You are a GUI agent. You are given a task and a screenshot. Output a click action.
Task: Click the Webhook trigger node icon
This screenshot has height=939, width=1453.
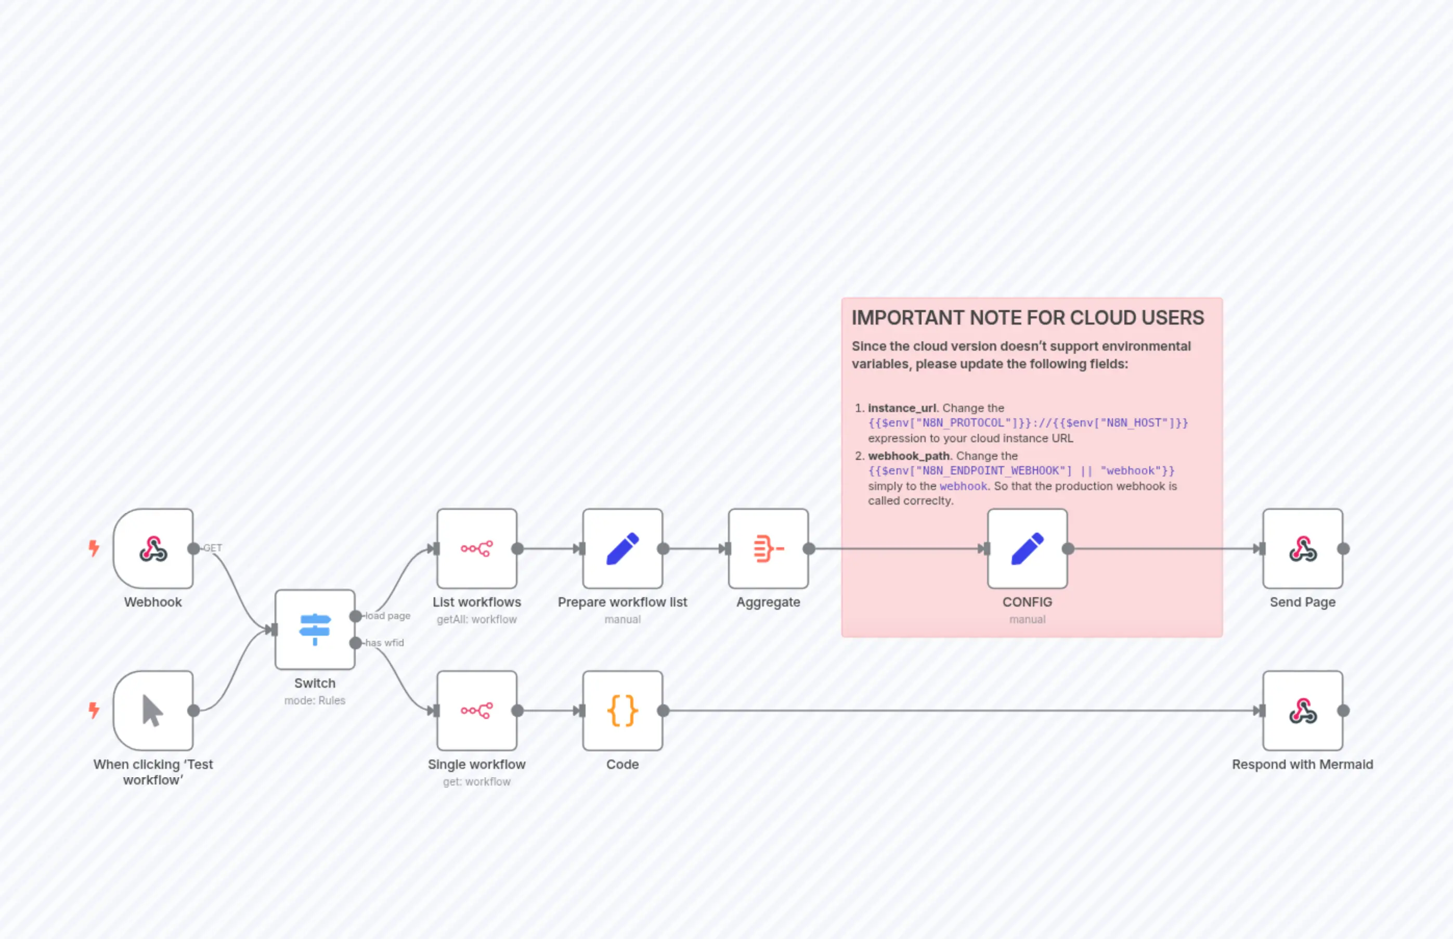pos(153,548)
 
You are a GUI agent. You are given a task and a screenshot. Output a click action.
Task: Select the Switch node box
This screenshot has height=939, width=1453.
pos(315,629)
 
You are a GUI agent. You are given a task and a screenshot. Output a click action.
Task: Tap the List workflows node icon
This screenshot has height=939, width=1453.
pos(476,548)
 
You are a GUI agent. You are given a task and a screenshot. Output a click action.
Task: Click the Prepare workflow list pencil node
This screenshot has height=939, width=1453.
pos(622,548)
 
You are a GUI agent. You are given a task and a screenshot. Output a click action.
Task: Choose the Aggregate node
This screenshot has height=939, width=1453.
pos(768,548)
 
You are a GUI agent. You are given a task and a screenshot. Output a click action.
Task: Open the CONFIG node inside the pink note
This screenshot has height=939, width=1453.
pos(1027,548)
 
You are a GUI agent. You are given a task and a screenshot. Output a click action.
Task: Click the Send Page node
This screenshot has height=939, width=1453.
pos(1303,548)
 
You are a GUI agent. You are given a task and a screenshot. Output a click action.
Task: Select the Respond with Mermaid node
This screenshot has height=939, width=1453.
pos(1303,710)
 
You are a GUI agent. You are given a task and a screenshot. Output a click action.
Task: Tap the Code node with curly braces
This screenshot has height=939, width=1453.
pos(622,710)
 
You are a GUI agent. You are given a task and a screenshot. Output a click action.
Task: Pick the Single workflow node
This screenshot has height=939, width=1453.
pos(476,710)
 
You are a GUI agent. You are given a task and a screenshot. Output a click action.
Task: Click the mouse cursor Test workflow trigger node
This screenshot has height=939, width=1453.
pos(153,710)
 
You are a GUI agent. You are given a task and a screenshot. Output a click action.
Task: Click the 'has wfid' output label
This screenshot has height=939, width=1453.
pos(385,642)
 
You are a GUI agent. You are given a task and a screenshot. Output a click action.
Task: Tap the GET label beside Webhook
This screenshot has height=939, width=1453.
pos(213,548)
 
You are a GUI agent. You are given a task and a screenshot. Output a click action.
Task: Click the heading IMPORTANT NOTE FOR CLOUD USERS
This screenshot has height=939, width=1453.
pos(1028,318)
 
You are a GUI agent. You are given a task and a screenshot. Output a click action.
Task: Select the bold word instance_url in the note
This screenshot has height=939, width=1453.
pos(901,408)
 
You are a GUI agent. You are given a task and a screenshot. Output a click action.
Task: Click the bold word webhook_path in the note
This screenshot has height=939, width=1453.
pos(909,456)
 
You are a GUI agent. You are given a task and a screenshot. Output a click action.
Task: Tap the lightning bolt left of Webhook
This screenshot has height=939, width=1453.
pos(94,548)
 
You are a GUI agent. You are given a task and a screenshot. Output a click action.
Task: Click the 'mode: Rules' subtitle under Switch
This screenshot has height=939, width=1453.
pos(315,701)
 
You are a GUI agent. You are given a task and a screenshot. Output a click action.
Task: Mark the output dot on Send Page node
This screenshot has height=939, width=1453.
pos(1343,548)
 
